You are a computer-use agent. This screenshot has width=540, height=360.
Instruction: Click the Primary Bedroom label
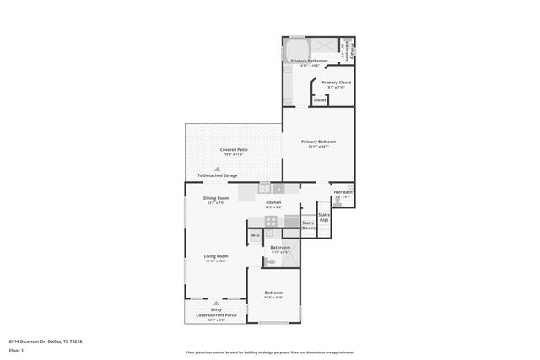[318, 142]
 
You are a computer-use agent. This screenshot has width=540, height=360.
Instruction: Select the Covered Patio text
[233, 149]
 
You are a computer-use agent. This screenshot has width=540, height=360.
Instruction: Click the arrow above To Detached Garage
[217, 169]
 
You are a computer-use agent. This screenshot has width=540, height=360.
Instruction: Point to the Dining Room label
[215, 198]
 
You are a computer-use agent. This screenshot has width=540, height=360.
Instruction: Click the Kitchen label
[273, 202]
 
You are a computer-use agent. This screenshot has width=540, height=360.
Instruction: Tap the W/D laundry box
[255, 235]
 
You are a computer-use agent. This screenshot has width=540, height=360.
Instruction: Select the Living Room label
[215, 256]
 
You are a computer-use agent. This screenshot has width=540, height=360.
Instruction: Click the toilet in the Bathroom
[269, 262]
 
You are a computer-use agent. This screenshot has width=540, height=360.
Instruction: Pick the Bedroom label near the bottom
[273, 293]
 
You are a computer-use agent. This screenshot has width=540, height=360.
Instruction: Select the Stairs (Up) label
[324, 217]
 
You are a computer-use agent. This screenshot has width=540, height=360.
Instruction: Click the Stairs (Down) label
[309, 225]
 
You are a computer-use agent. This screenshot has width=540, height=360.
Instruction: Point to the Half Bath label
[343, 192]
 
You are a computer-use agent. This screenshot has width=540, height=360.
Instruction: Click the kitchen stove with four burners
[272, 221]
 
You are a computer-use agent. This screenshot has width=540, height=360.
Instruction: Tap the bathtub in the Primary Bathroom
[297, 48]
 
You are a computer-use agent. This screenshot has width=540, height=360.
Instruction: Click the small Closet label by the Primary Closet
[319, 100]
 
